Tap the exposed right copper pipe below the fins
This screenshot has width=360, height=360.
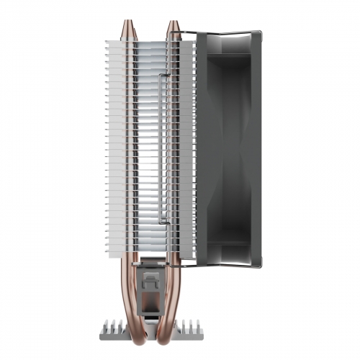coord(176,288)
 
